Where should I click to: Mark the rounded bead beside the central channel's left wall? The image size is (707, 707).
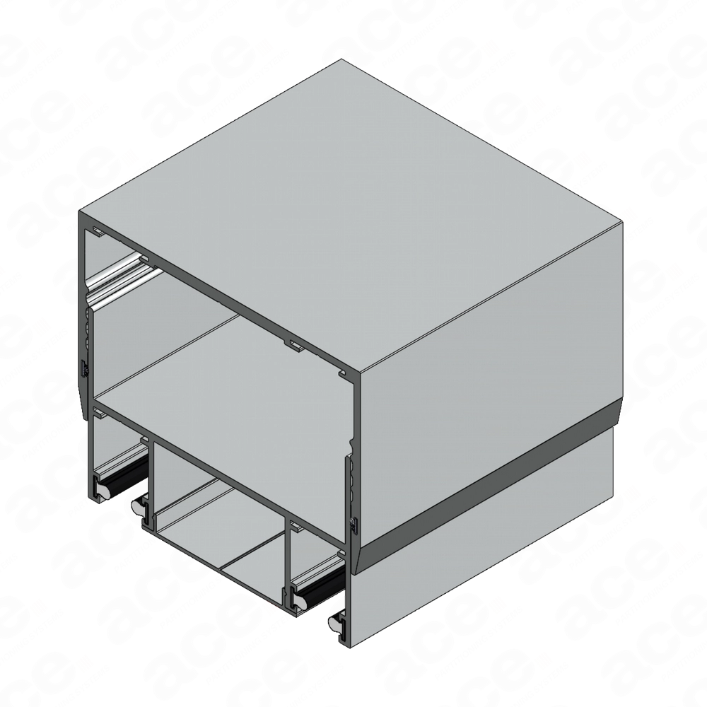pyautogui.click(x=139, y=506)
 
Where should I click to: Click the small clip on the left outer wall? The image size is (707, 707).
pyautogui.click(x=83, y=368)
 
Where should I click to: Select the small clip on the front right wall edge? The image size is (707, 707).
pyautogui.click(x=351, y=524)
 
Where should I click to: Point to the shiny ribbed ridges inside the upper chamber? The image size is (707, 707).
pyautogui.click(x=117, y=279)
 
